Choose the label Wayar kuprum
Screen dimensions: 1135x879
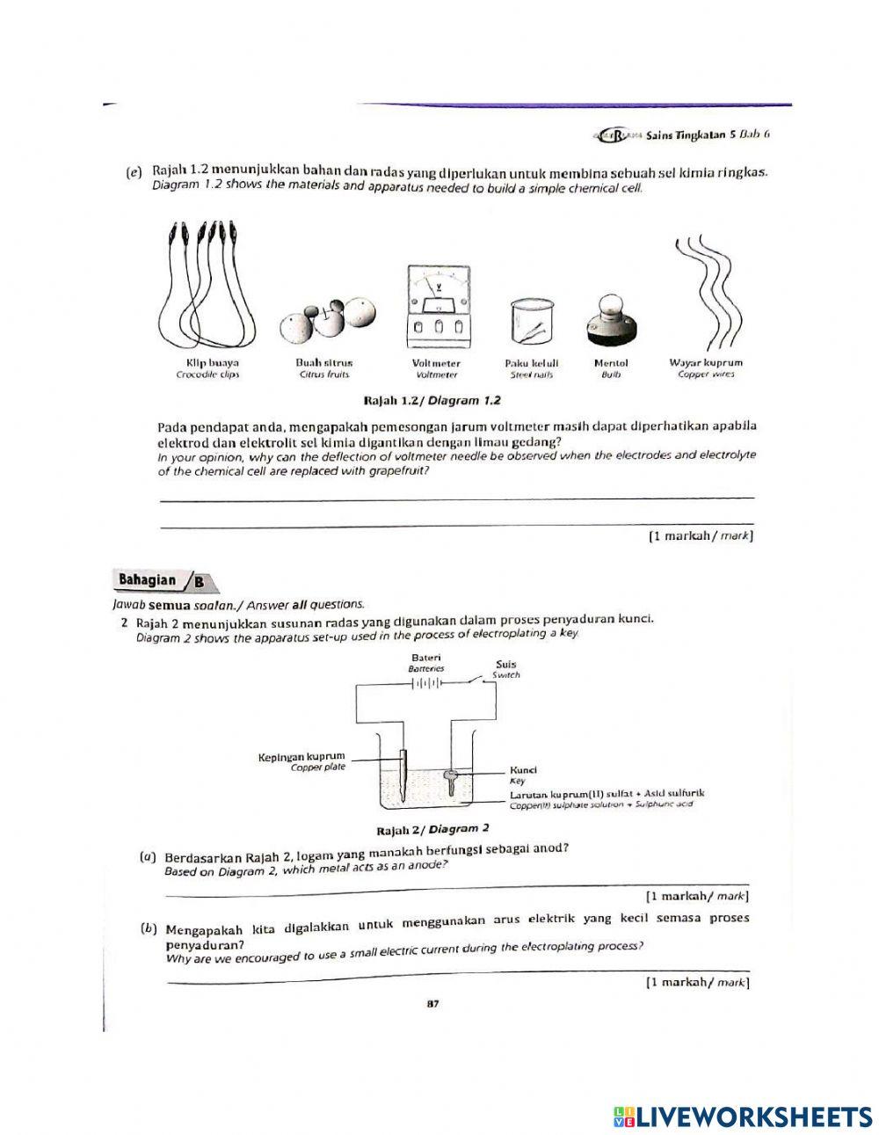[x=705, y=362]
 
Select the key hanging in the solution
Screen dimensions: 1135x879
[x=451, y=779]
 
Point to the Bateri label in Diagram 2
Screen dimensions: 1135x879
[x=426, y=658]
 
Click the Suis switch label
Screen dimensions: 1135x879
[x=505, y=665]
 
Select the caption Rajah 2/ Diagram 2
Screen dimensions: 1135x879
[x=432, y=829]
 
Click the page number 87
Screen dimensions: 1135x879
[x=432, y=1005]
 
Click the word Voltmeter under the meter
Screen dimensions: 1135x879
[x=436, y=362]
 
